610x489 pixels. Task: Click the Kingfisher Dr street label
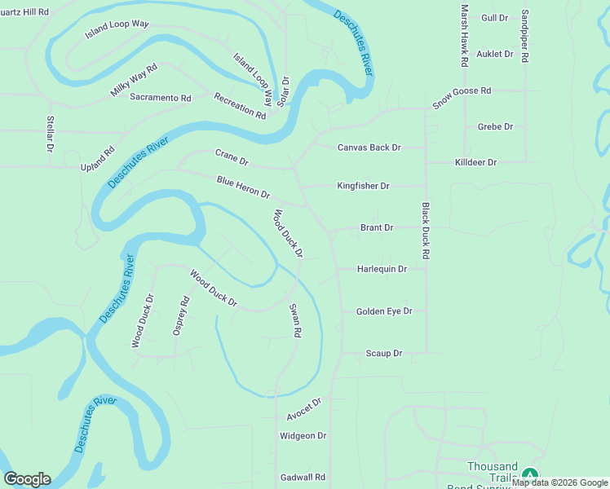click(x=363, y=187)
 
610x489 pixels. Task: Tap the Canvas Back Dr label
click(x=369, y=148)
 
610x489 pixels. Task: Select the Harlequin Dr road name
click(x=382, y=269)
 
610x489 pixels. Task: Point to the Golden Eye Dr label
click(x=384, y=311)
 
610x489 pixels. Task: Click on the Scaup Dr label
click(x=384, y=354)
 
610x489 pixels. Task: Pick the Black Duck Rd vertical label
click(x=426, y=231)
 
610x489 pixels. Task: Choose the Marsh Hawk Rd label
click(x=465, y=35)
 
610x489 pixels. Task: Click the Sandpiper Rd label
click(x=525, y=37)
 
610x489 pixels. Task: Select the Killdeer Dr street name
click(x=475, y=163)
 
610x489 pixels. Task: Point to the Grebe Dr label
click(x=495, y=127)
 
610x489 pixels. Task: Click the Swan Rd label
click(x=296, y=321)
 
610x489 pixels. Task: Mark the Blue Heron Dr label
click(x=243, y=187)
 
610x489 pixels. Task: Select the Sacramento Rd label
click(x=160, y=98)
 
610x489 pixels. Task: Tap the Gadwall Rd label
click(x=303, y=478)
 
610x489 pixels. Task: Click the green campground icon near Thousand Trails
click(x=530, y=474)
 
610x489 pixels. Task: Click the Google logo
click(x=27, y=479)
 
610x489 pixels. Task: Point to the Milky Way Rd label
click(x=133, y=81)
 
